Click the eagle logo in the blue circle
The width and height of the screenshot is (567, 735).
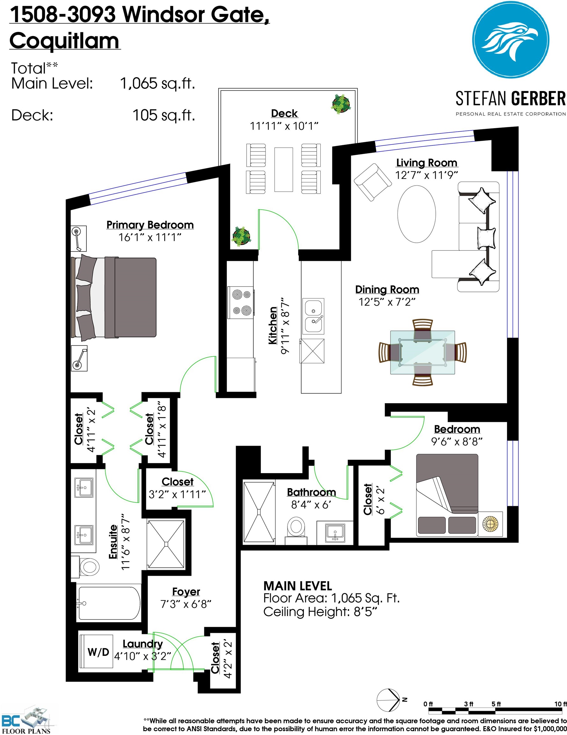(511, 40)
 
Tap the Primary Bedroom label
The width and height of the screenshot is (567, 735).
(150, 225)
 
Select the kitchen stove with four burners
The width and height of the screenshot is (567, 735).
(240, 302)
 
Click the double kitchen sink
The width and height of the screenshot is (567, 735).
(313, 316)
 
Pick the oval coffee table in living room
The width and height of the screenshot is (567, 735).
(416, 214)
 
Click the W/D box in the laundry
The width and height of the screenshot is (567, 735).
(98, 652)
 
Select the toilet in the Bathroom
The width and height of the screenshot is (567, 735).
(296, 528)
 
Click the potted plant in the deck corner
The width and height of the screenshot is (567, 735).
(341, 104)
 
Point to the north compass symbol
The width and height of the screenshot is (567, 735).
(389, 700)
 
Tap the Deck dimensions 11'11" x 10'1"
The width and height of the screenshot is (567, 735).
(284, 126)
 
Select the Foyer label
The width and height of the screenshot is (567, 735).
(186, 591)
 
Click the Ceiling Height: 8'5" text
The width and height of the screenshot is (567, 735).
(320, 612)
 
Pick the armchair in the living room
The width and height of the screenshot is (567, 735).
(372, 182)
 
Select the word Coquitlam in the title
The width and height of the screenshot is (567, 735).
(64, 41)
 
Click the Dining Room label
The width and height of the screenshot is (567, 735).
(387, 289)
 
